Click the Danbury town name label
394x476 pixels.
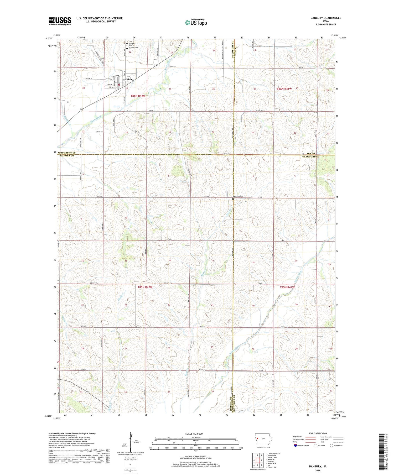pyautogui.click(x=129, y=79)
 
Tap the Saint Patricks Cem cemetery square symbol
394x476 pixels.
pyautogui.click(x=127, y=44)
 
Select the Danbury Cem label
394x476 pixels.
pyautogui.click(x=134, y=48)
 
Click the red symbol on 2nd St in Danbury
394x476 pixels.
pyautogui.click(x=119, y=84)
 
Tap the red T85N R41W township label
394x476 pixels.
pyautogui.click(x=287, y=287)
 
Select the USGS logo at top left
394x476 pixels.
pyautogui.click(x=60, y=21)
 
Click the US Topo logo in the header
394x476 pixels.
pyautogui.click(x=196, y=22)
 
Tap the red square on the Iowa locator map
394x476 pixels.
pyautogui.click(x=258, y=438)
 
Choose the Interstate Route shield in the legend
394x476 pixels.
pyautogui.click(x=296, y=446)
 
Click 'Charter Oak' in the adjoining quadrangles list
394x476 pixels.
pyautogui.click(x=272, y=467)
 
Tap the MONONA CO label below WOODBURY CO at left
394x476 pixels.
pyautogui.click(x=68, y=156)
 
